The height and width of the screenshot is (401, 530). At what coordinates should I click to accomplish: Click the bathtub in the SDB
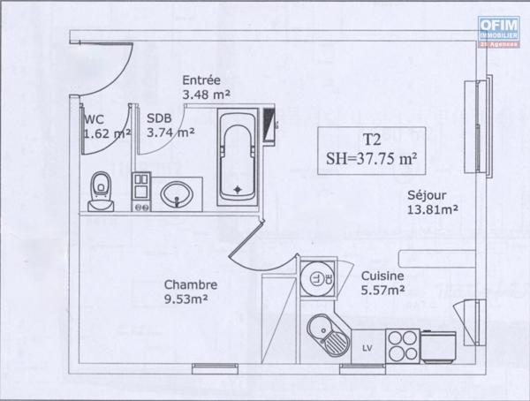point(236,154)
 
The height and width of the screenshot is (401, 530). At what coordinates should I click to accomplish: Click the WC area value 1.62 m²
point(106,134)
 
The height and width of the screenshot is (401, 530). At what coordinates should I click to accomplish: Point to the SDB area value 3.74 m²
point(170,133)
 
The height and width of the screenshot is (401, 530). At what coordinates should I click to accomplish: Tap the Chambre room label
point(191,284)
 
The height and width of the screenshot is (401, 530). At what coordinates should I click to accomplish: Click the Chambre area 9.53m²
point(191,299)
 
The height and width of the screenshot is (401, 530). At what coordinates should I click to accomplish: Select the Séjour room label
point(426,195)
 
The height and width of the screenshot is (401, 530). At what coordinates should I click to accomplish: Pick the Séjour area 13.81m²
point(432,209)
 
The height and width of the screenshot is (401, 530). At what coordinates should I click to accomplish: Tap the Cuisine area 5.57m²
point(383,289)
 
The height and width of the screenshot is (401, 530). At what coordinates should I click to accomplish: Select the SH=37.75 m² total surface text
point(371,159)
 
